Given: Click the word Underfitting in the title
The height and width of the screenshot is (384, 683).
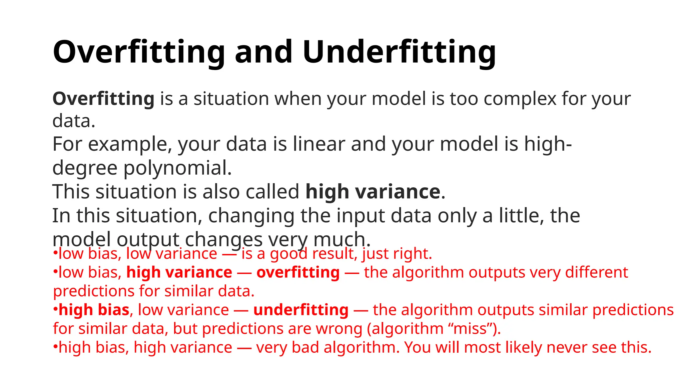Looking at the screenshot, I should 399,52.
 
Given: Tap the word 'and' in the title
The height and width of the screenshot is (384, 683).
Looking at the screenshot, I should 263,52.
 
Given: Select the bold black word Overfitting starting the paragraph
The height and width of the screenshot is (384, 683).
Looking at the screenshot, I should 103,99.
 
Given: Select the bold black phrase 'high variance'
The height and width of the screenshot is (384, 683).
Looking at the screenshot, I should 373,192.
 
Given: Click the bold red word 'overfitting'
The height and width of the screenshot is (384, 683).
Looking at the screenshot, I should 298,272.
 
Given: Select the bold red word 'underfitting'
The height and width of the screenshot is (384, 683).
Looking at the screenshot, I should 301,310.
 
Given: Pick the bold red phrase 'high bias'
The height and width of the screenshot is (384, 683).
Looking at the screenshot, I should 94,310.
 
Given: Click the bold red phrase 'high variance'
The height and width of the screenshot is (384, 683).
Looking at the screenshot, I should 179,272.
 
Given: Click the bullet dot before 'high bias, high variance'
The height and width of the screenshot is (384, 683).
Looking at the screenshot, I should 55,347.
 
